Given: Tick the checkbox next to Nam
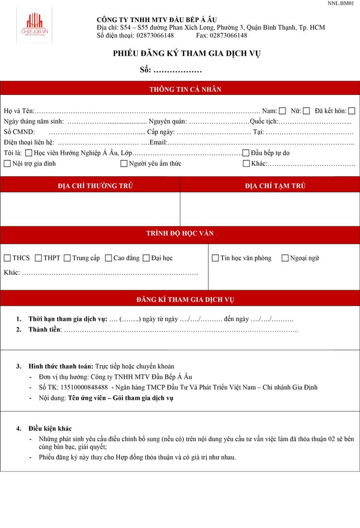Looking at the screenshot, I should tap(282, 111).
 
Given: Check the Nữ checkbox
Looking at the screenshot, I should tap(306, 111).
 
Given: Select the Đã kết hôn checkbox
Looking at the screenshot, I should tap(352, 111).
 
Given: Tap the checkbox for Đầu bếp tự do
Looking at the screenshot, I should tap(246, 153).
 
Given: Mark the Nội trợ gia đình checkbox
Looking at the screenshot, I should tap(7, 164).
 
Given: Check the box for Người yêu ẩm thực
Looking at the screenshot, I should tap(124, 164).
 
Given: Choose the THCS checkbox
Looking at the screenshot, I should tap(7, 258).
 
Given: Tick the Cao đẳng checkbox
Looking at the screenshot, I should tap(108, 258).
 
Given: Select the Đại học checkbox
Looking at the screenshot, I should tap(146, 258).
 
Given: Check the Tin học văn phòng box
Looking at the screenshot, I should tap(216, 258).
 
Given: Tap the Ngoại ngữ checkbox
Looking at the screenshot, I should tap(285, 258).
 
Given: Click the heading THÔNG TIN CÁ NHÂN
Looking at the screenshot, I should tap(185, 90).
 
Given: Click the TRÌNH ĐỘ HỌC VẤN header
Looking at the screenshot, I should tap(180, 234).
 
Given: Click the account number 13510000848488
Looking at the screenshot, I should tap(84, 387).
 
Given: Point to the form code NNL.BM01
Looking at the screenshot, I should tap(341, 3).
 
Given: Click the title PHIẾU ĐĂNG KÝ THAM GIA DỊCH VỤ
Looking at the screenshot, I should tap(187, 54).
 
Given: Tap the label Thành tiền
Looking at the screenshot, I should tap(45, 329).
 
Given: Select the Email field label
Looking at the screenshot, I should tap(158, 142).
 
